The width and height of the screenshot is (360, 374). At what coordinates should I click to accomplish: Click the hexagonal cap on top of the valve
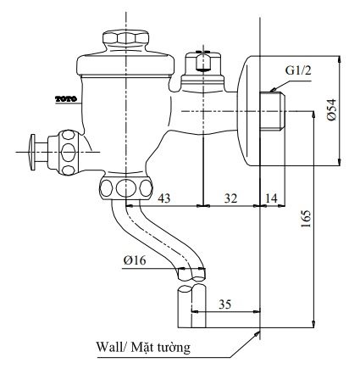(122, 40)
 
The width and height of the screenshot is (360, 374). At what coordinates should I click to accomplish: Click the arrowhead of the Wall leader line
(257, 333)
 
